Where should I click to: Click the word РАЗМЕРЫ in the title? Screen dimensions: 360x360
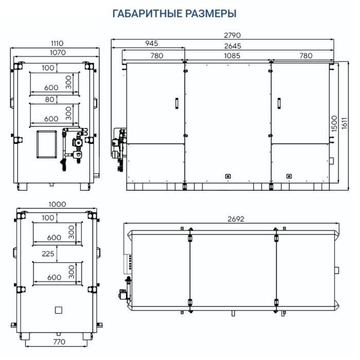(210, 13)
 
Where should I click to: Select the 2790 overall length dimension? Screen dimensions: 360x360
(232, 35)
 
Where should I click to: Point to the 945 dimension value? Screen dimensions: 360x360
(152, 43)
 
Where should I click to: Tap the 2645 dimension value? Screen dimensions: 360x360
(232, 46)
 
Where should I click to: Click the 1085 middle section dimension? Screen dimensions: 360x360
(232, 56)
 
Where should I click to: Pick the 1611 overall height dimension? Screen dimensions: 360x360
(345, 123)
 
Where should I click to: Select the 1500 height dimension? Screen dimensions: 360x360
(334, 124)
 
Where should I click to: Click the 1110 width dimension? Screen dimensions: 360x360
(57, 43)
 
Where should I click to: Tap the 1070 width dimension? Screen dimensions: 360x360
(58, 52)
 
